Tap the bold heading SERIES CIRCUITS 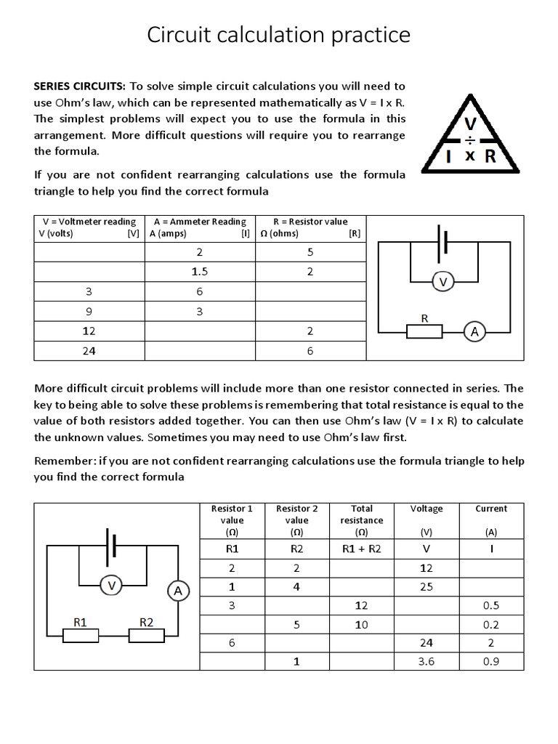pyautogui.click(x=80, y=86)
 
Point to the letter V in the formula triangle pyautogui.click(x=470, y=124)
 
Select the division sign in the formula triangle pyautogui.click(x=470, y=139)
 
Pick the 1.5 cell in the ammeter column pyautogui.click(x=200, y=272)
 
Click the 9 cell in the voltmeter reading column pyautogui.click(x=89, y=312)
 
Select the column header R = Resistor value pyautogui.click(x=310, y=222)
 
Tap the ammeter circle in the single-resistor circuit pyautogui.click(x=475, y=331)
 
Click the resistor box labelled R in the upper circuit pyautogui.click(x=424, y=331)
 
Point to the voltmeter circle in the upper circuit pyautogui.click(x=442, y=282)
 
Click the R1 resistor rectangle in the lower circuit pyautogui.click(x=81, y=636)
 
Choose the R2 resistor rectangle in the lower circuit pyautogui.click(x=147, y=636)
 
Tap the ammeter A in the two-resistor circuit pyautogui.click(x=178, y=591)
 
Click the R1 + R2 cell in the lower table pyautogui.click(x=361, y=549)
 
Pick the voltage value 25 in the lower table pyautogui.click(x=426, y=586)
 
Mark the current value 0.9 pyautogui.click(x=491, y=662)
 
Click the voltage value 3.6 pyautogui.click(x=426, y=662)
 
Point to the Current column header pyautogui.click(x=491, y=509)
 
